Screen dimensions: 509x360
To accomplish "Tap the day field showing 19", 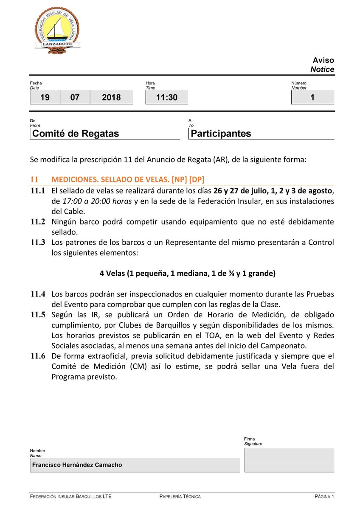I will [x=45, y=98].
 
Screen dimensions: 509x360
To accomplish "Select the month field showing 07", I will [x=75, y=98].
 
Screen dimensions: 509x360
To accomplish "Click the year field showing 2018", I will [x=111, y=98].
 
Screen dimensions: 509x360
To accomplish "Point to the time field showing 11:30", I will [x=166, y=98].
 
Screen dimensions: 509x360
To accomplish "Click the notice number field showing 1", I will [x=312, y=98].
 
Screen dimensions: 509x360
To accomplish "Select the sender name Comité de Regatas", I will [x=76, y=134].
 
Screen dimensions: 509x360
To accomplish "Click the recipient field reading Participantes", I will [x=221, y=134].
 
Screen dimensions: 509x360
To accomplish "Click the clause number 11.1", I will [x=38, y=191].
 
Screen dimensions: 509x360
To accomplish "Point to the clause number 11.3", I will [x=38, y=243].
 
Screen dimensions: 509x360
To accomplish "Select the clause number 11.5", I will [x=38, y=315].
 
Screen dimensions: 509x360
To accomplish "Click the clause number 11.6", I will [x=38, y=356].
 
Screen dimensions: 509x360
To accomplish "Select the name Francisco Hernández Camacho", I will [x=77, y=465].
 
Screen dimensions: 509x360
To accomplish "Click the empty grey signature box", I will [x=289, y=460].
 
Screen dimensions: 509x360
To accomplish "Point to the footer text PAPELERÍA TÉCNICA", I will [x=180, y=496].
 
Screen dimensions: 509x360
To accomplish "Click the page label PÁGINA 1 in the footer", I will [x=324, y=496].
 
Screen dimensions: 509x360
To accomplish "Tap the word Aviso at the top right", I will [x=323, y=60].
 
